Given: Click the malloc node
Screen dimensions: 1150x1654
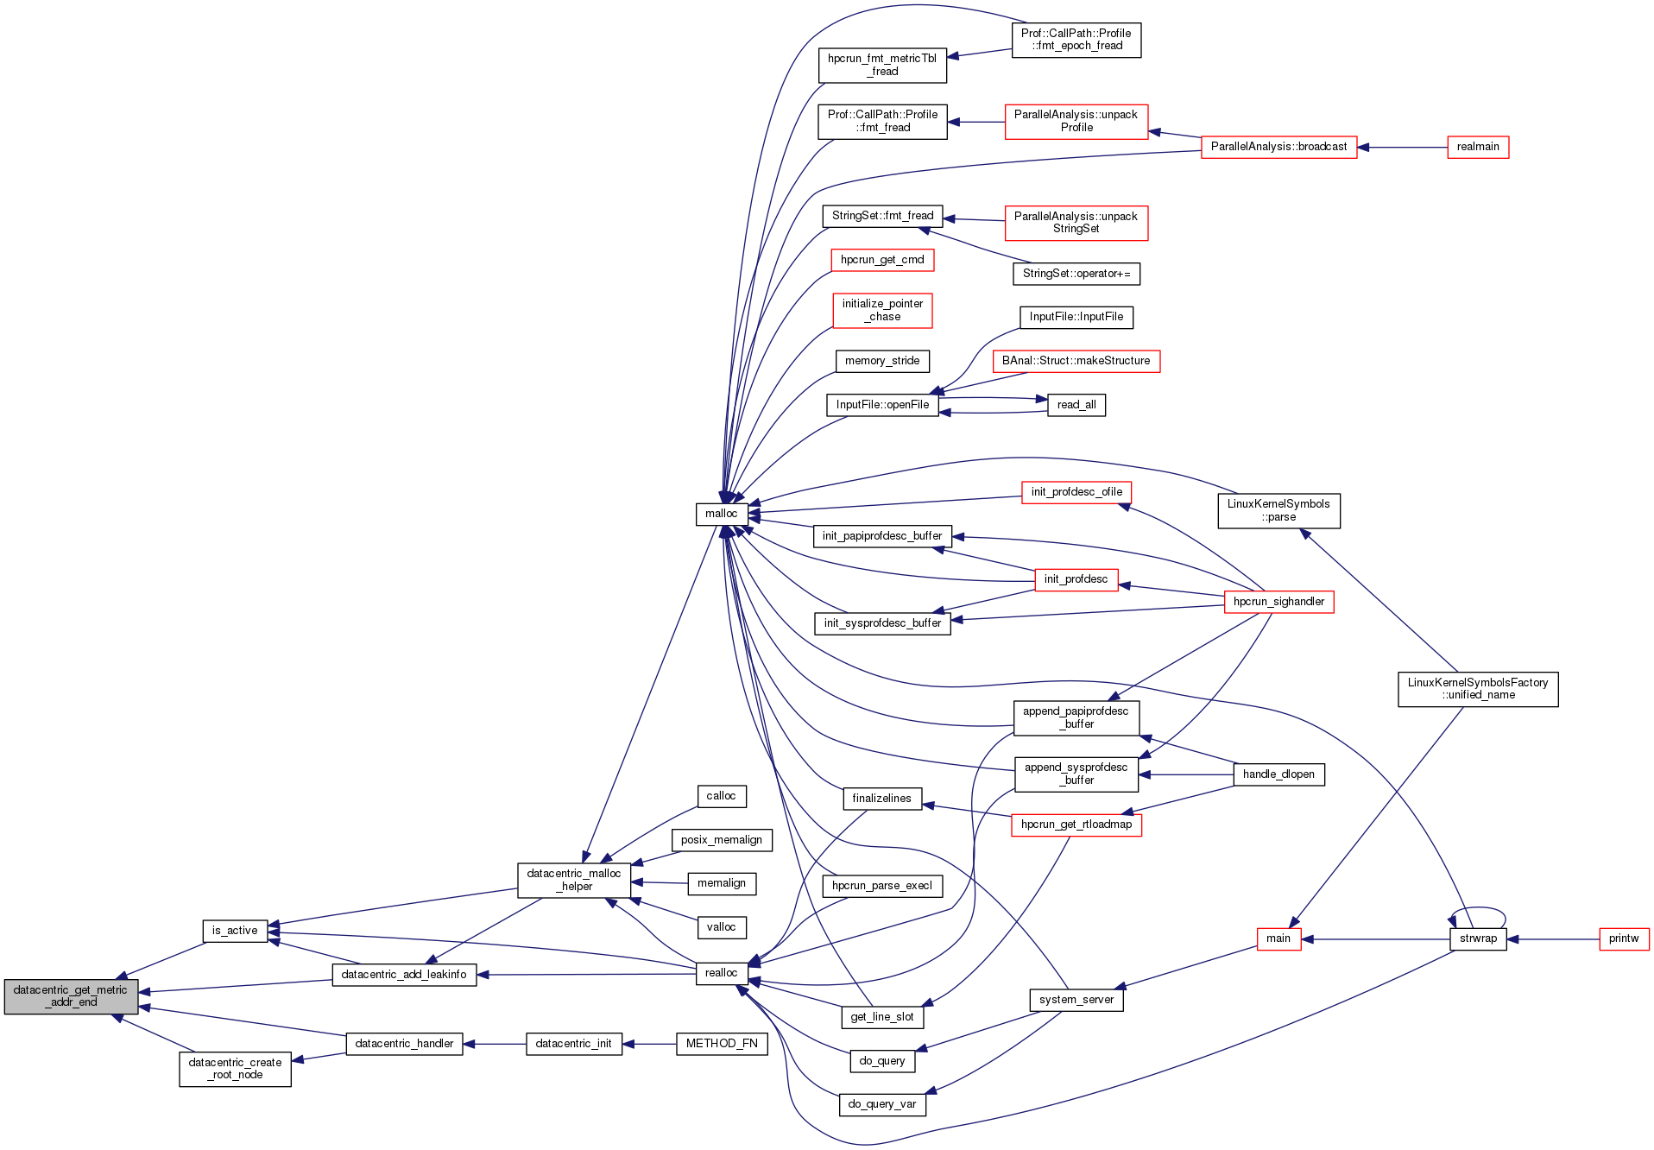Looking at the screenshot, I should (x=721, y=514).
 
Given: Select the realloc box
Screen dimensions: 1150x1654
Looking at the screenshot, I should (x=721, y=973).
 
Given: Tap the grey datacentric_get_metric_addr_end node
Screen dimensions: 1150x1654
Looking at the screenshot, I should (x=71, y=996).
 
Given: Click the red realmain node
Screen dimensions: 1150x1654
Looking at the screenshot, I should (x=1477, y=147).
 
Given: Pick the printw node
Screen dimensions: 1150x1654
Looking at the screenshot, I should (x=1623, y=938).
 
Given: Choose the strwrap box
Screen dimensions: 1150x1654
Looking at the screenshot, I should (x=1478, y=938).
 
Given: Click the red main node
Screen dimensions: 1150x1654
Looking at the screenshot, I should (x=1278, y=938).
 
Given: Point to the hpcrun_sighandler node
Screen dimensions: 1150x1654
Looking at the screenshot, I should (x=1278, y=602).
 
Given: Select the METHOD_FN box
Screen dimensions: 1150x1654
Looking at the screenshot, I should (x=721, y=1044).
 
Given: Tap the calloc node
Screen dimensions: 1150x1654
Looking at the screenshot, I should (x=721, y=796).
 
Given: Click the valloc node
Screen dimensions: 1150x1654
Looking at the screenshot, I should (x=721, y=927).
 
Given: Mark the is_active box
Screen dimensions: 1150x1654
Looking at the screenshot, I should (x=235, y=931).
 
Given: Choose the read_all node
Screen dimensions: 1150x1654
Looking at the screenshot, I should (x=1076, y=405).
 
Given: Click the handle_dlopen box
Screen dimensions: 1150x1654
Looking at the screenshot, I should (x=1278, y=774).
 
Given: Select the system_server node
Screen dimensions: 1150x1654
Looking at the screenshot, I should (x=1076, y=1000).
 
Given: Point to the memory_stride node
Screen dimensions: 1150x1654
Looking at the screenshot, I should (x=881, y=361).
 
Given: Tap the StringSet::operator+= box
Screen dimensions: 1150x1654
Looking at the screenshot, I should (x=1076, y=274).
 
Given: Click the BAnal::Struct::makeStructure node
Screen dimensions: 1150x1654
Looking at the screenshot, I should (x=1076, y=361).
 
